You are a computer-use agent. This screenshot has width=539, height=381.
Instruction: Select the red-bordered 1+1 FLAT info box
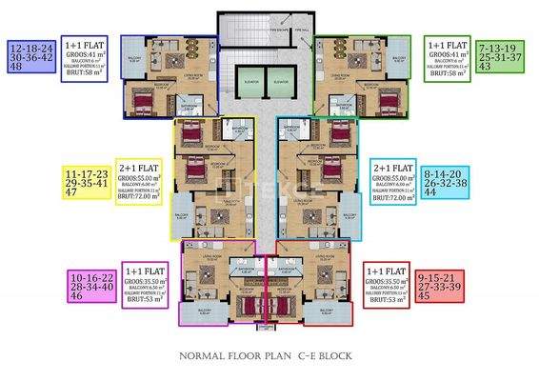coord(387,283)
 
